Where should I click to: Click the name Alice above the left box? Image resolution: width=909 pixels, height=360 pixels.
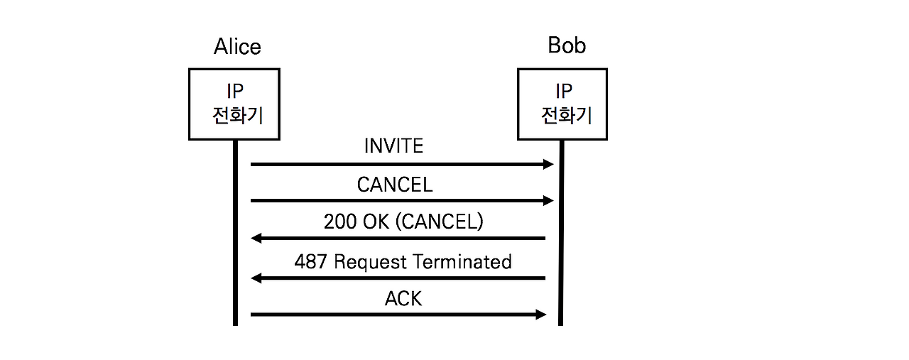237,47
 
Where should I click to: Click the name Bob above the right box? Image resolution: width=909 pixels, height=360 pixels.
567,45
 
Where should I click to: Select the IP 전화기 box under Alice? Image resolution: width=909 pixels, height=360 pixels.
234,104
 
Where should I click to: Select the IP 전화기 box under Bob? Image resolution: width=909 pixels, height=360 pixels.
562,104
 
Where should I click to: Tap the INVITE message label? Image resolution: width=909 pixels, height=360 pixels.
393,146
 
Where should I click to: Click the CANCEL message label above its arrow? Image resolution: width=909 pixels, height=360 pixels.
394,185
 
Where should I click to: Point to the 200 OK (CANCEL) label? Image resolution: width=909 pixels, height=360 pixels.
403,222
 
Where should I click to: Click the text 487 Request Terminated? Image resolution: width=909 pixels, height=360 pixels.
403,261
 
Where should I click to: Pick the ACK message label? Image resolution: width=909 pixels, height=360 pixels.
403,299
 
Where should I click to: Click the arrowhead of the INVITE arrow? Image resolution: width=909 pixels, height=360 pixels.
548,165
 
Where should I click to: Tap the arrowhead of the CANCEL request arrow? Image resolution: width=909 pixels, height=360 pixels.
548,202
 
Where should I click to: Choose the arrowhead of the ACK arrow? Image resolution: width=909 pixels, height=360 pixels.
540,315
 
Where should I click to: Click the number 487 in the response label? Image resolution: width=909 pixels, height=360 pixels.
310,261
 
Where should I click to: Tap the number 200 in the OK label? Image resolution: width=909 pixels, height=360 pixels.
340,222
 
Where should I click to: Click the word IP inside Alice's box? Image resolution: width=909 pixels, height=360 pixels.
234,92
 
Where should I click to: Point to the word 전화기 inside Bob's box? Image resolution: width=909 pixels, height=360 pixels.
567,115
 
